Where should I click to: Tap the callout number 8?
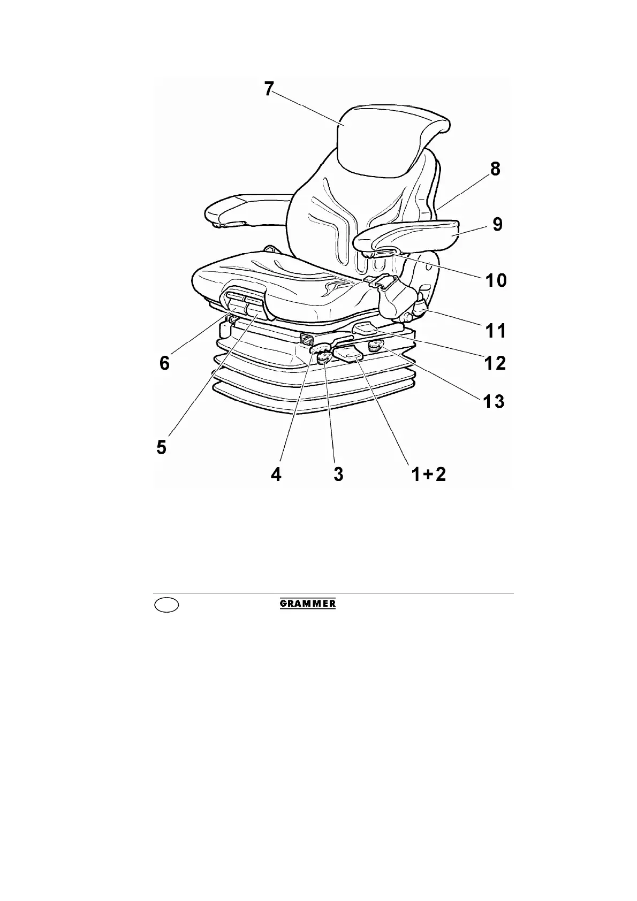click(495, 169)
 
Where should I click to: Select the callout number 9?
click(497, 224)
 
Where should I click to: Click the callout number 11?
click(495, 331)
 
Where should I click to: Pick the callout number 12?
click(494, 363)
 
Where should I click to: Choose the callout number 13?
click(492, 401)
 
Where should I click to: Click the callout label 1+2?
click(428, 474)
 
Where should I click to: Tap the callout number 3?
click(338, 474)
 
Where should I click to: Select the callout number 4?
click(276, 474)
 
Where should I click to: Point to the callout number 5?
click(162, 447)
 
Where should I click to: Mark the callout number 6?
click(165, 363)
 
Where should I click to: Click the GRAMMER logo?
click(308, 604)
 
